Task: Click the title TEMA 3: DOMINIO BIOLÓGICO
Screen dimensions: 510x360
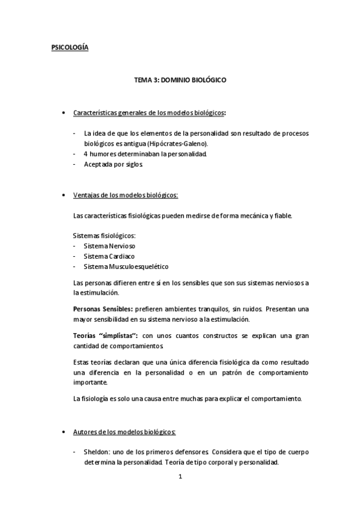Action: pyautogui.click(x=180, y=79)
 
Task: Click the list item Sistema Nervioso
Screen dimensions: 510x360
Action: pyautogui.click(x=109, y=246)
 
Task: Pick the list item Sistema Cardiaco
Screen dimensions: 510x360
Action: pyautogui.click(x=108, y=256)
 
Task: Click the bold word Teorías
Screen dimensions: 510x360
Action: pyautogui.click(x=85, y=335)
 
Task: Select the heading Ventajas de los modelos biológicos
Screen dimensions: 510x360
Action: pyautogui.click(x=124, y=195)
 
